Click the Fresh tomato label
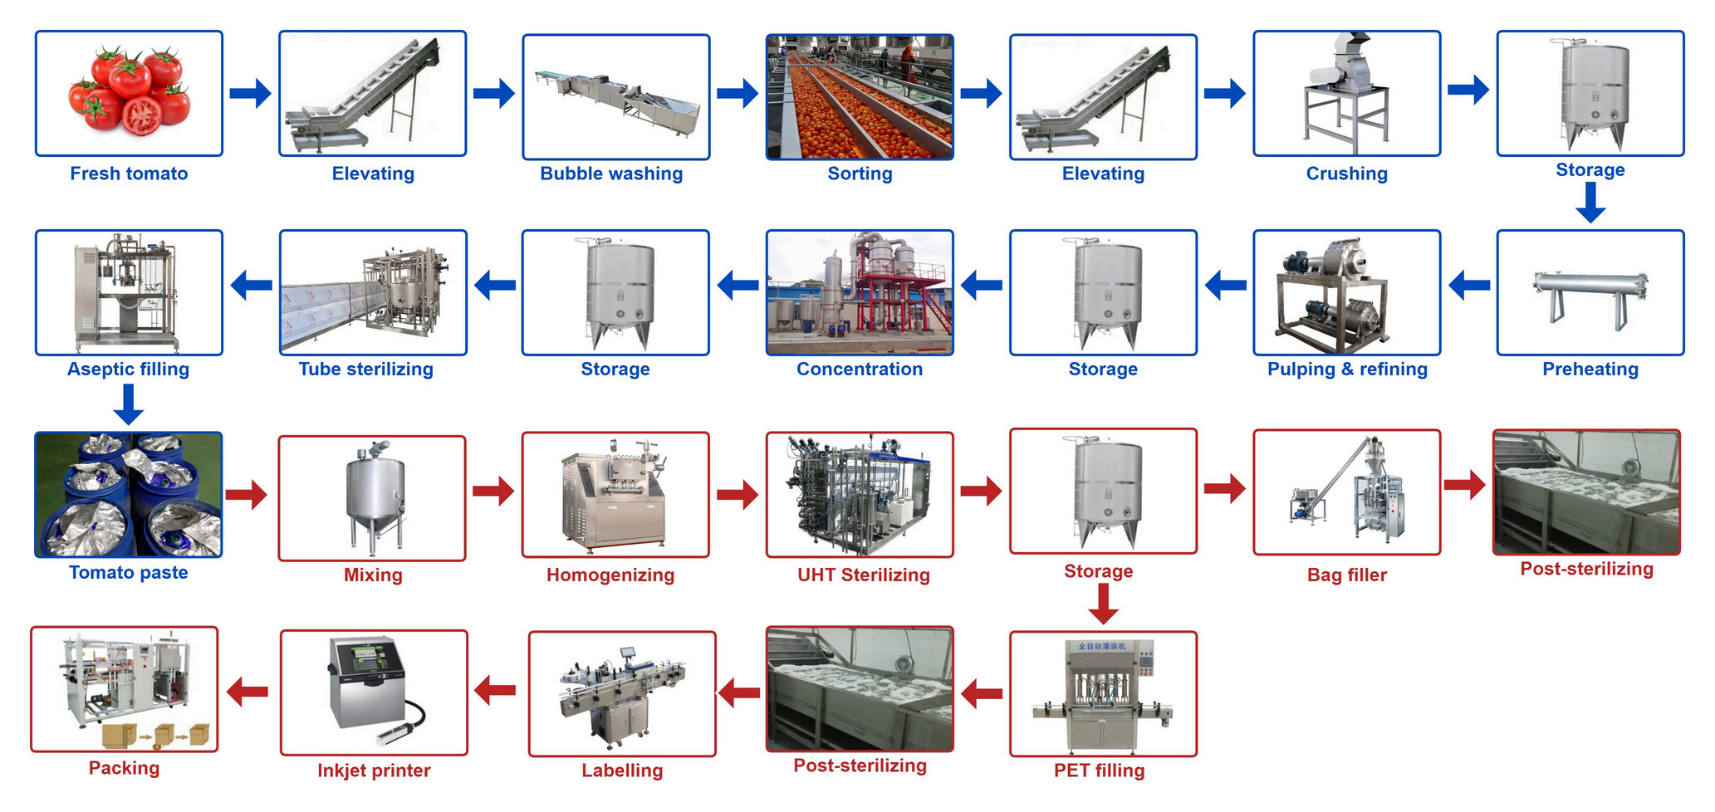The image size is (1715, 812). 129,174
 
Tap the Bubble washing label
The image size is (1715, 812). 611,174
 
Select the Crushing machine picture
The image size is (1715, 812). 1346,94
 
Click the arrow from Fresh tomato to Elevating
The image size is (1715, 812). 250,93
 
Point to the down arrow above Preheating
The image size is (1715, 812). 1590,203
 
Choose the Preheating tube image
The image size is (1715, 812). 1590,293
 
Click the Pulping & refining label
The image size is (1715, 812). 1347,369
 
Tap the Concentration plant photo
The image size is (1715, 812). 860,293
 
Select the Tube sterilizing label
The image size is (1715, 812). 366,369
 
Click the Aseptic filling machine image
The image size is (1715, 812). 129,293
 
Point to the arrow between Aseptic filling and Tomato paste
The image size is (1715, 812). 129,404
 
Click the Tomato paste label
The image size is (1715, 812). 129,573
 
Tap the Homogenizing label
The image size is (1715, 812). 610,575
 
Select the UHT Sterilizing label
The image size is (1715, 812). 864,575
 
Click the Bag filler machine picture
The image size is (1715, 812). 1346,492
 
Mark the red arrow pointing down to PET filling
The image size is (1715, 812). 1103,604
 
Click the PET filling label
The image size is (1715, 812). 1099,770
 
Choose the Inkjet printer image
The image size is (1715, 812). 374,692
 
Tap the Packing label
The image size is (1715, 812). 125,768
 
